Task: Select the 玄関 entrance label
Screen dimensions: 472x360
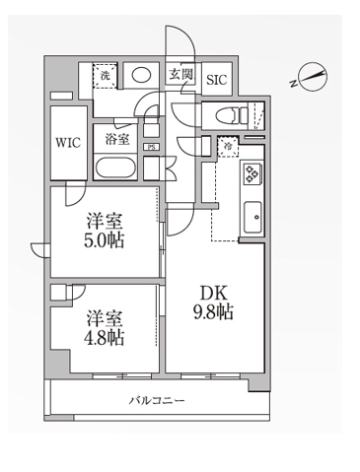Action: click(180, 74)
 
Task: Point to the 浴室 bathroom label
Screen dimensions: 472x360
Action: click(118, 140)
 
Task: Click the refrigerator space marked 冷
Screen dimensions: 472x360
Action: click(229, 147)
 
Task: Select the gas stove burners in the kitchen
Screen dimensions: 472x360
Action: click(252, 173)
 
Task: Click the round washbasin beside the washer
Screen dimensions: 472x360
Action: click(142, 74)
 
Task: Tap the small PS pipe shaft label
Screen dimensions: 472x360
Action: click(151, 149)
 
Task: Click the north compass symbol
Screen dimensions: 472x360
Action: click(314, 78)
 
